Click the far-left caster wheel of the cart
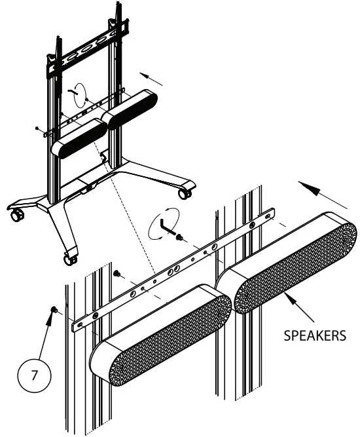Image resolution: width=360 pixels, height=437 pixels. [14, 216]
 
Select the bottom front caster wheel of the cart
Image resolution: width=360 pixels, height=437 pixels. [68, 258]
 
